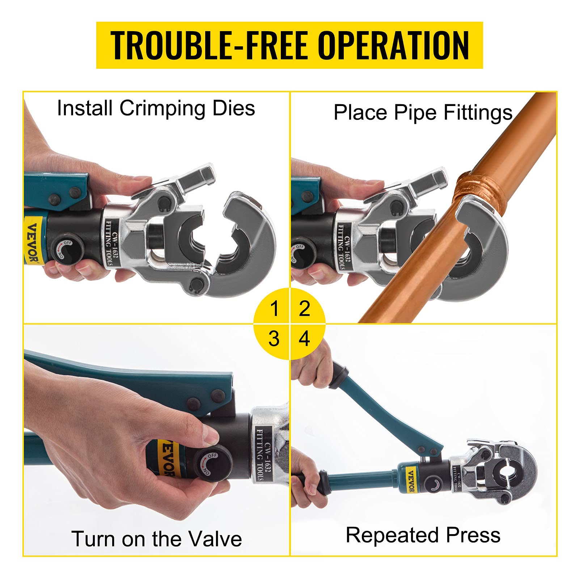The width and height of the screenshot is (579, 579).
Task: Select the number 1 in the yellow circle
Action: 274,308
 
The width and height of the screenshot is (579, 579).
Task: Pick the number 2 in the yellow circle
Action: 304,308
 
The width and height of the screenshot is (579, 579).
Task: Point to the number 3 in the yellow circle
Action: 274,339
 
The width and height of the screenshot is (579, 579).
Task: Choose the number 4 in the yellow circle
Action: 304,339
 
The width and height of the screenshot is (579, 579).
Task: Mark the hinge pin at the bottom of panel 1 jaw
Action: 197,283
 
